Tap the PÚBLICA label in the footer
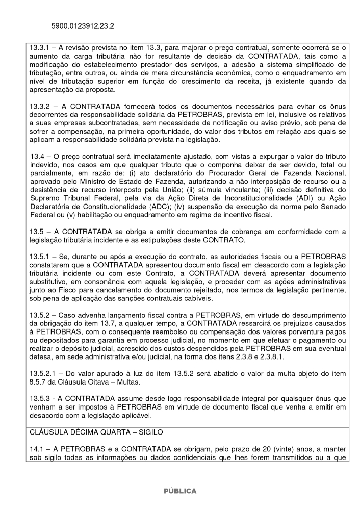coord(179,491)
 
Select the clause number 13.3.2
coord(41,107)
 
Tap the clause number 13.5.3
coord(41,398)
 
